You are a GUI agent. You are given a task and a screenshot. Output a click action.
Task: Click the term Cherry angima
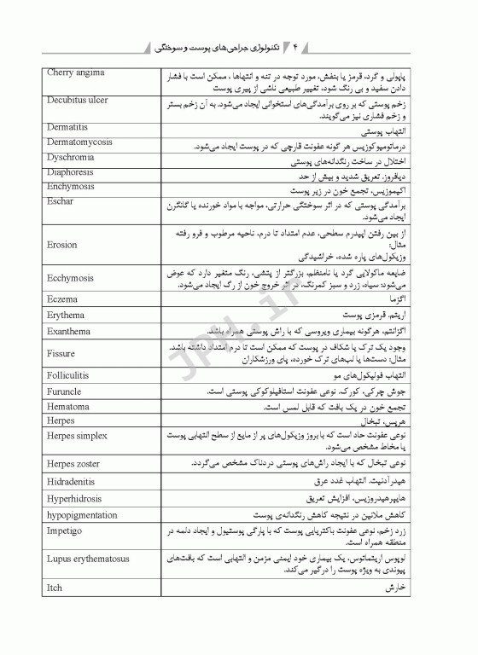click(x=76, y=72)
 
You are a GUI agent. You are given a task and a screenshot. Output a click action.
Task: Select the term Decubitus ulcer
click(x=78, y=100)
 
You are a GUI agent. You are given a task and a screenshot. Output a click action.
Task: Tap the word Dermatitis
click(x=67, y=127)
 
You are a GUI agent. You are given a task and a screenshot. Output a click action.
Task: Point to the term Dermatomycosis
click(x=80, y=142)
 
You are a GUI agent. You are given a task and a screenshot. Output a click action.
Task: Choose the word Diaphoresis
click(x=71, y=171)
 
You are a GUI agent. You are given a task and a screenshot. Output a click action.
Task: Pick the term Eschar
click(x=61, y=202)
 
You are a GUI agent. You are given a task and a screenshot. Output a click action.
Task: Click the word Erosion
click(x=62, y=245)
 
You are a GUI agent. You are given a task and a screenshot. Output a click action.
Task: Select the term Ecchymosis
click(x=71, y=278)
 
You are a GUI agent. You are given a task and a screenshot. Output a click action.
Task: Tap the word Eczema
click(x=62, y=299)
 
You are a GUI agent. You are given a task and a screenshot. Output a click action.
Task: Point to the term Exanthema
click(x=68, y=331)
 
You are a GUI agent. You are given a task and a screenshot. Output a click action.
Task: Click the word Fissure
click(x=61, y=353)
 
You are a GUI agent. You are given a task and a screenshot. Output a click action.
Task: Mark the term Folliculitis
click(x=70, y=375)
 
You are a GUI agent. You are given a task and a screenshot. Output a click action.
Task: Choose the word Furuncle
click(x=65, y=391)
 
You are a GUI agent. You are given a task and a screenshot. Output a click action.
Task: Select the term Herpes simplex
click(x=78, y=436)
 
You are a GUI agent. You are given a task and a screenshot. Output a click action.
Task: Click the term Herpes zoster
click(x=75, y=463)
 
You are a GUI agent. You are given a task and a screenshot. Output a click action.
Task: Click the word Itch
click(x=55, y=588)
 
